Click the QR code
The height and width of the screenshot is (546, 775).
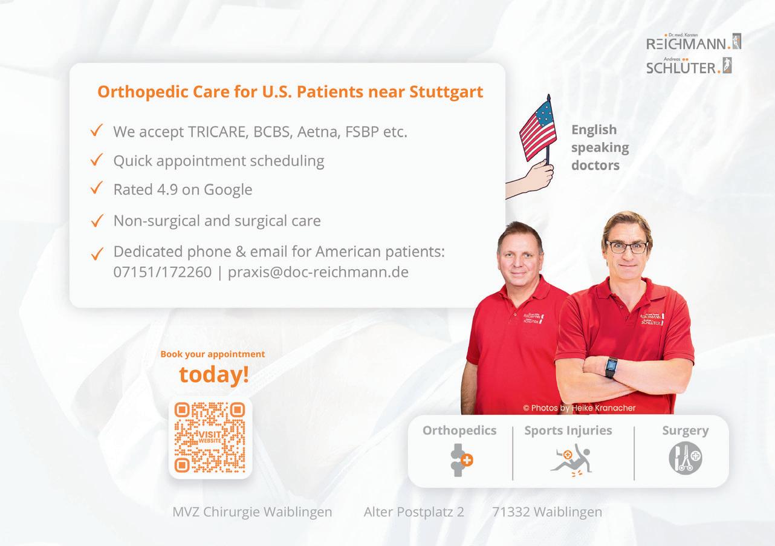tap(210, 437)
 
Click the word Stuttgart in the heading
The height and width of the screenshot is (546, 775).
tap(446, 92)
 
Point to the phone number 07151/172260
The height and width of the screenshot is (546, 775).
tap(162, 272)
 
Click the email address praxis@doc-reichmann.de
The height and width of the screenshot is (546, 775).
tap(318, 272)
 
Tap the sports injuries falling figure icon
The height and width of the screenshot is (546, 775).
tap(571, 460)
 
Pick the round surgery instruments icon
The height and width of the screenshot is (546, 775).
tap(686, 458)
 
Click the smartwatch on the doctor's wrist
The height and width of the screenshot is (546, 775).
tap(611, 367)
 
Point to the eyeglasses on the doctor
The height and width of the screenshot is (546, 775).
tap(627, 247)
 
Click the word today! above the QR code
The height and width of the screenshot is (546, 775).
tap(214, 375)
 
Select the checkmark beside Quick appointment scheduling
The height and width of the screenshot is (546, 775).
tap(97, 160)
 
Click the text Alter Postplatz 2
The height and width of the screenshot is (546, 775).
tap(413, 512)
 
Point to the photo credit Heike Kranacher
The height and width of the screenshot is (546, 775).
tap(603, 408)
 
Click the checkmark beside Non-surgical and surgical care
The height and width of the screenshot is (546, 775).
tap(97, 220)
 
